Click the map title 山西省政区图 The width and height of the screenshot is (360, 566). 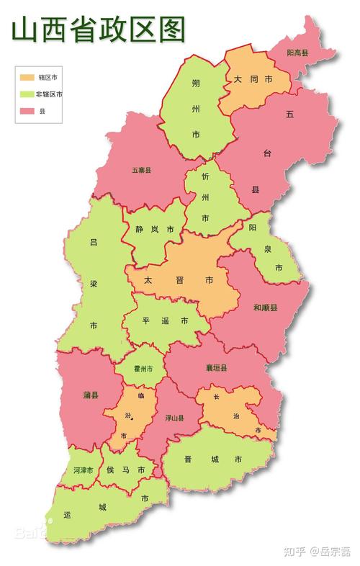98,30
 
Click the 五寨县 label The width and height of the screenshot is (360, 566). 141,171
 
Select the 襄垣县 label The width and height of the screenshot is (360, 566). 215,368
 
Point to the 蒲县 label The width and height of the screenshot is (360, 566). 91,395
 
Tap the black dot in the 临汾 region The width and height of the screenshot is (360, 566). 132,418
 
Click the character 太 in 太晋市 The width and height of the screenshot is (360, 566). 148,279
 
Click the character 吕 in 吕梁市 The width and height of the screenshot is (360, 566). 93,243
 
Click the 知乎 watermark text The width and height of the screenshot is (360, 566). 294,552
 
